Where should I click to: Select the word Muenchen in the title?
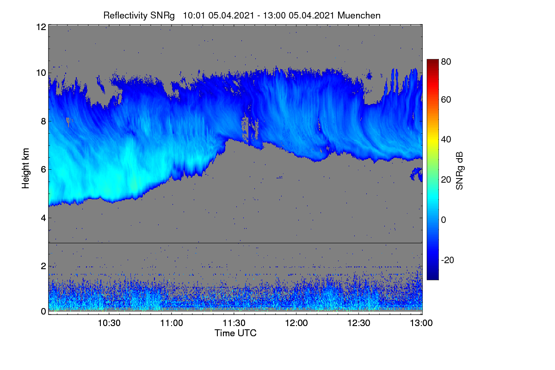(359, 16)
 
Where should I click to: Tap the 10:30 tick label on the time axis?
(109, 323)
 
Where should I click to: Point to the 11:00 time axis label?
(172, 323)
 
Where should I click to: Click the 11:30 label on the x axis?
(234, 323)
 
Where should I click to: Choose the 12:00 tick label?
(296, 323)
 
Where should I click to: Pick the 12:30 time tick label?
(359, 323)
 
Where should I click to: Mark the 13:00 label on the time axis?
(421, 323)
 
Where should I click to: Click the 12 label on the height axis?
(41, 27)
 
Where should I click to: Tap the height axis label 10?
(41, 73)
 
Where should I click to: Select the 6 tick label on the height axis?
(43, 170)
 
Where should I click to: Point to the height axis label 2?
(43, 266)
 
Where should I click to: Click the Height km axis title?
(25, 168)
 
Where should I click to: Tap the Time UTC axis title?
(235, 333)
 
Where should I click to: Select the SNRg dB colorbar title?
(459, 171)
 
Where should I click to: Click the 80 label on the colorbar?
(446, 62)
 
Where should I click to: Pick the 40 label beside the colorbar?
(446, 140)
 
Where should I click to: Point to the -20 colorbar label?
(448, 260)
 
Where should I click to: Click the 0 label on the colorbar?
(444, 220)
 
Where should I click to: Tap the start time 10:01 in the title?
(194, 16)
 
